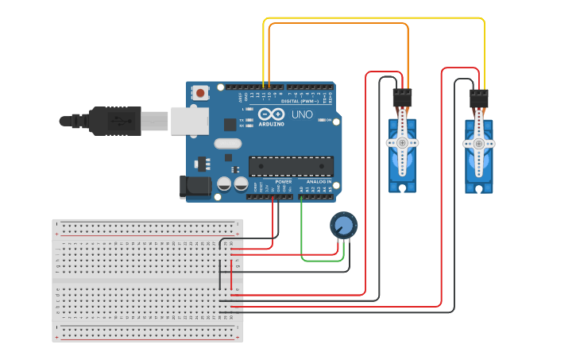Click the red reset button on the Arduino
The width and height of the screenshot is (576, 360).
(x=200, y=93)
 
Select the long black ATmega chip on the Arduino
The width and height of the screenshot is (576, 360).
(x=291, y=165)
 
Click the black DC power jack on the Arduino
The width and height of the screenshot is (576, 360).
(x=195, y=187)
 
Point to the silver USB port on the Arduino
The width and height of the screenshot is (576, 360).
(x=189, y=121)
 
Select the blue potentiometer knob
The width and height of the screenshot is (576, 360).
(x=344, y=225)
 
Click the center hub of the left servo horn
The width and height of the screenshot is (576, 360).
(x=402, y=142)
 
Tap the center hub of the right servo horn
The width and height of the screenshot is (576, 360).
(x=478, y=143)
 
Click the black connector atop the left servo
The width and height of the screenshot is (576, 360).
(x=403, y=99)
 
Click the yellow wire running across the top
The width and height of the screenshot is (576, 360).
(x=373, y=18)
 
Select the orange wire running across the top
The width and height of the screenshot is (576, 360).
(x=338, y=24)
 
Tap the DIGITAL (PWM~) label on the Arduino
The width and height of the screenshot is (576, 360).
(x=300, y=101)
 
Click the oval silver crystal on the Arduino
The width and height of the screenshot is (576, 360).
(x=226, y=144)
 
